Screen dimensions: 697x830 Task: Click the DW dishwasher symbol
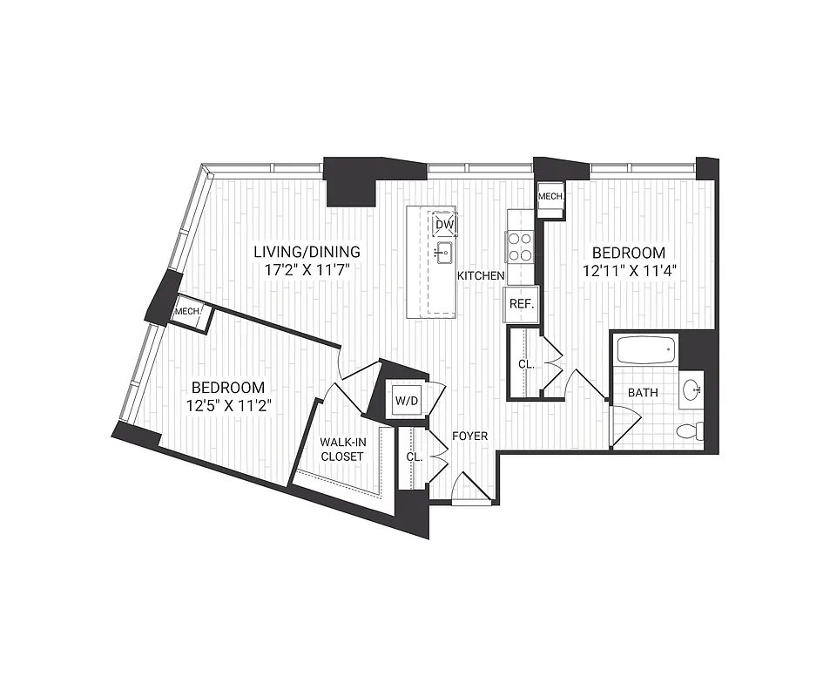click(x=444, y=224)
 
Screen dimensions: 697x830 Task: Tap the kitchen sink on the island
click(x=443, y=254)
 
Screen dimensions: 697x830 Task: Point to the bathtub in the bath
click(x=645, y=353)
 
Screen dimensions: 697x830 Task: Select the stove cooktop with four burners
click(x=521, y=246)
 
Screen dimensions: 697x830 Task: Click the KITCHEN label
click(x=482, y=276)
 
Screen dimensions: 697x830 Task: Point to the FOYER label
click(x=470, y=436)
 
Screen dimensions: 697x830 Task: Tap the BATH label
click(x=643, y=393)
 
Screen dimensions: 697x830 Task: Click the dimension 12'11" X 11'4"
click(x=631, y=269)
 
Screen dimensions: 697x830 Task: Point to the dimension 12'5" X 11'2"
click(x=228, y=404)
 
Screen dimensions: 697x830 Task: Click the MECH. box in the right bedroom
click(x=551, y=197)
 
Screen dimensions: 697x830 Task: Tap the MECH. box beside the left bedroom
click(x=190, y=311)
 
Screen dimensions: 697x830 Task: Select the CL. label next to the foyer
click(x=414, y=457)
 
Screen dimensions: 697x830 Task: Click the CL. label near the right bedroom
click(x=526, y=364)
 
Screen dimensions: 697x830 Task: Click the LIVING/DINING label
click(x=307, y=252)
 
